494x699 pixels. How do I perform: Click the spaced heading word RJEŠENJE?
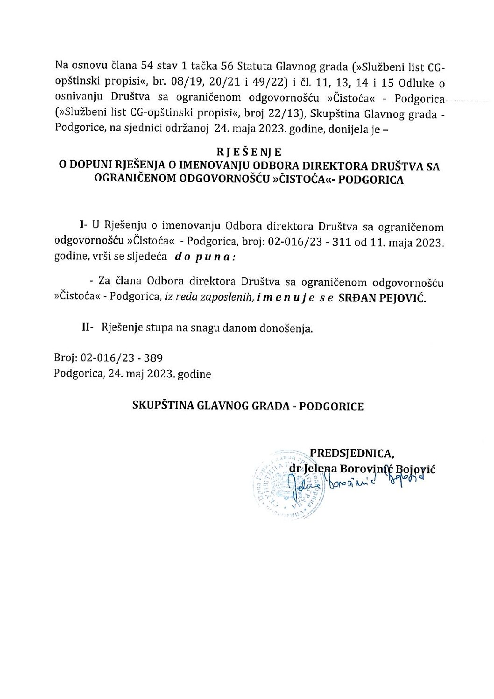coord(248,152)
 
